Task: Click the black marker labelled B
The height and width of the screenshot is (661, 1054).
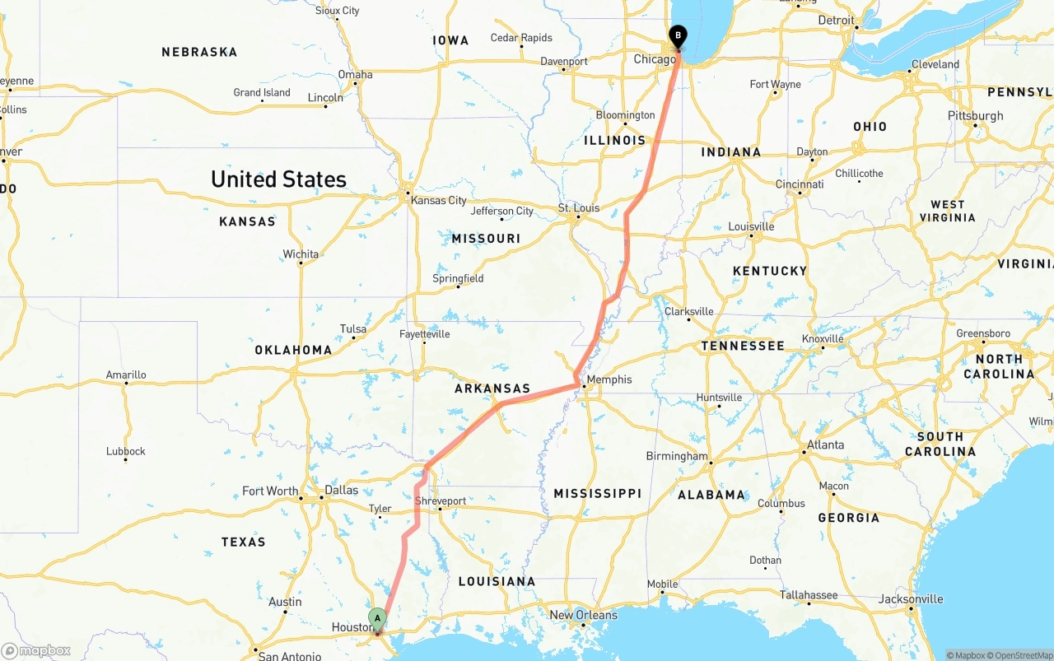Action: click(x=678, y=36)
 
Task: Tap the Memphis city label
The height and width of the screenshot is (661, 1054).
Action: click(x=609, y=379)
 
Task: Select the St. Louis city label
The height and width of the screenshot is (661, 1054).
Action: click(x=579, y=208)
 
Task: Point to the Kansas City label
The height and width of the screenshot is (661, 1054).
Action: click(x=438, y=200)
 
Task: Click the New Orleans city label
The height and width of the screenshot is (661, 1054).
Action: click(x=583, y=615)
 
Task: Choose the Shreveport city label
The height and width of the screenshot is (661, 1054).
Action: click(x=441, y=500)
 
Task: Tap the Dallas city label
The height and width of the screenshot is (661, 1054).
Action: click(x=342, y=490)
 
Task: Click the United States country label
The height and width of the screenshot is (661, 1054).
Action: click(x=278, y=179)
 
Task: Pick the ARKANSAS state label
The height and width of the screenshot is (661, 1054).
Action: click(x=492, y=389)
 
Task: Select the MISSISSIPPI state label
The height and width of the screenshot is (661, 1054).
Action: click(x=597, y=493)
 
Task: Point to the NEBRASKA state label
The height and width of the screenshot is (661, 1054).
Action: click(x=199, y=52)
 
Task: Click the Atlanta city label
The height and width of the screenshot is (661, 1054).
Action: click(x=825, y=445)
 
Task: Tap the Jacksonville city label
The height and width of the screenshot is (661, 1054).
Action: click(x=910, y=598)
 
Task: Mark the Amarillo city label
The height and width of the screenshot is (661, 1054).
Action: click(x=126, y=375)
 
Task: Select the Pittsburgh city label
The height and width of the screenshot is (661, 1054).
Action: click(x=976, y=115)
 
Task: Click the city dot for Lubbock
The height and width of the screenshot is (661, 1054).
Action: click(x=125, y=459)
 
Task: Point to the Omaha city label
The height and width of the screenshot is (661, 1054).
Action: click(x=355, y=74)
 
